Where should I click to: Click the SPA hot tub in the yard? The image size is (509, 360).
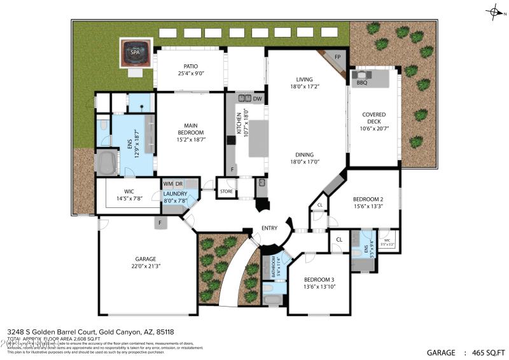[x=135, y=53]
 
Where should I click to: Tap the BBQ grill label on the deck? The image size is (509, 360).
[x=362, y=82]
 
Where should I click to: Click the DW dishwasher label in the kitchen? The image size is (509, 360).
[x=257, y=99]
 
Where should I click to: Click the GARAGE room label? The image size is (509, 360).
[x=145, y=259]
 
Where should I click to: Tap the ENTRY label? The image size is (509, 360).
[x=270, y=228]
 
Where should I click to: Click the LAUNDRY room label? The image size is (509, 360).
[x=175, y=193]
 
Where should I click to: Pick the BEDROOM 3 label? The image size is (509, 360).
[x=319, y=280]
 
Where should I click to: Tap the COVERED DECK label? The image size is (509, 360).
[x=373, y=119]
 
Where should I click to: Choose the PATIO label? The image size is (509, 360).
[x=190, y=66]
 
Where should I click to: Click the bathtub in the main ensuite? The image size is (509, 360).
[x=106, y=162]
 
